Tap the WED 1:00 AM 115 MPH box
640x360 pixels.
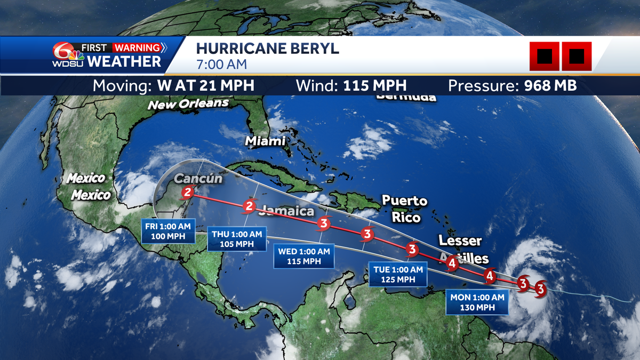click(x=304, y=257)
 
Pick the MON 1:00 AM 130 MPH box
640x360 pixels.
click(x=477, y=302)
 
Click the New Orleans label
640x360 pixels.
click(x=188, y=104)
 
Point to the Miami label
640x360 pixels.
click(x=265, y=141)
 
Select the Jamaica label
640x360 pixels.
click(x=287, y=211)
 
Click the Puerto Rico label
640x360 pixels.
click(x=405, y=209)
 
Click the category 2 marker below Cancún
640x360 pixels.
click(x=187, y=193)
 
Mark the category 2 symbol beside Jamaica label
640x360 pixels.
click(x=249, y=206)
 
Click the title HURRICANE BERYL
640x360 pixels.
click(x=267, y=49)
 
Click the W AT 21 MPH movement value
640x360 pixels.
click(x=205, y=85)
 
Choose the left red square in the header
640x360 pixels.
click(x=544, y=56)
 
